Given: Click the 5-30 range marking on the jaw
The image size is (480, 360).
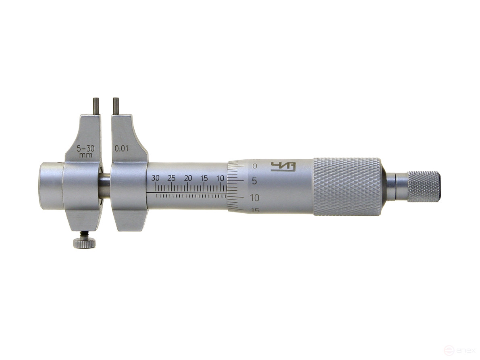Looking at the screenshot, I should [85, 148].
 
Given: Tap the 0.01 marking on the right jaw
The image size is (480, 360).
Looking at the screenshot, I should [122, 148].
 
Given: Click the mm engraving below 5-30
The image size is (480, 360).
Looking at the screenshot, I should [85, 155].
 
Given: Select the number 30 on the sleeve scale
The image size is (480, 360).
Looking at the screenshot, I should [156, 178].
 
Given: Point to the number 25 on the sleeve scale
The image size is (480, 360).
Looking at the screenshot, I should [172, 178].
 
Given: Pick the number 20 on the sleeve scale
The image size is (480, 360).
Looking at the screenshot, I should [188, 178].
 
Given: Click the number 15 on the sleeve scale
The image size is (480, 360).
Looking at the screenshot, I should [204, 178].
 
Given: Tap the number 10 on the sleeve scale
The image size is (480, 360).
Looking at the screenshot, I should [220, 178].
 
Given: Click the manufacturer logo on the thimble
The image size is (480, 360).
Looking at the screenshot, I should [283, 166].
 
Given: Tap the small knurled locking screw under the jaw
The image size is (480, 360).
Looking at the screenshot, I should [84, 243].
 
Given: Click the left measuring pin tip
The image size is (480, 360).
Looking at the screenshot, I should [96, 101].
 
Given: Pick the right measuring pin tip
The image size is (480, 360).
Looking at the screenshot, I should [116, 101].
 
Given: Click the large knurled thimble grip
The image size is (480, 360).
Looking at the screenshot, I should [346, 186].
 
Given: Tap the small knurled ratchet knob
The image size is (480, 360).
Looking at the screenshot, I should [423, 186].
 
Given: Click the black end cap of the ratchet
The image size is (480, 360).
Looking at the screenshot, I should [441, 186].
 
